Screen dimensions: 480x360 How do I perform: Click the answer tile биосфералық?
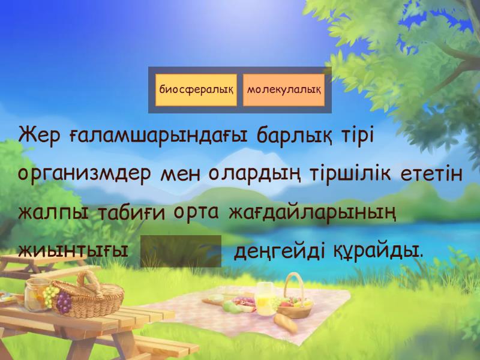point(196,90)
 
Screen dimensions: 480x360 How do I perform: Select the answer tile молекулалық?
point(284,90)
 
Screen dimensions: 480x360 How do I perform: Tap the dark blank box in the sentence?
point(181,251)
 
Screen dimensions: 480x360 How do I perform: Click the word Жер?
point(40,136)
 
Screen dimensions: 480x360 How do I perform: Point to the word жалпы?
point(53,213)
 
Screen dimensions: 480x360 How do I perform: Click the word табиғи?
point(131,212)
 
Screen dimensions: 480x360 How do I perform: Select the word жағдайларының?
point(312,213)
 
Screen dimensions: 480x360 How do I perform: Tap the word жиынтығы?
point(73,250)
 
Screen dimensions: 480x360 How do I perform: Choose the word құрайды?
point(379,251)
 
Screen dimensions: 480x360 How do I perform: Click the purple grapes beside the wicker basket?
point(64,302)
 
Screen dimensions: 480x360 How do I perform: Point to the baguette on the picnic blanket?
point(286,323)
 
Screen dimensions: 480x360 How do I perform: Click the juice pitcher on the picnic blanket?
point(266,299)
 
